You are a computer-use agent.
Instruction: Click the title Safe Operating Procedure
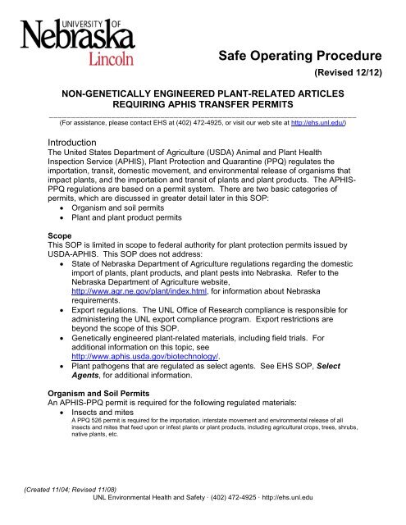[x=301, y=57]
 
